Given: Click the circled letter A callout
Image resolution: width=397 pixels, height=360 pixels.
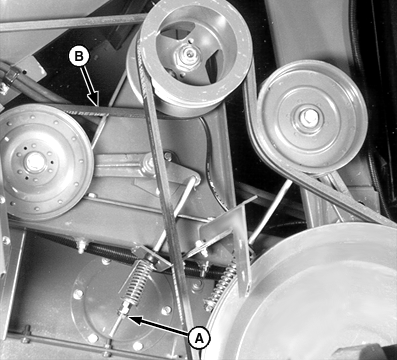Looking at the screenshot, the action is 199,338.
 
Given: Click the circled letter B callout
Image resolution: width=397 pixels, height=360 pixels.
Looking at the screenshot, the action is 79,56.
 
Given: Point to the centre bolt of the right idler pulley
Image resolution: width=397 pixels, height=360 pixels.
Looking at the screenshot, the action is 308,115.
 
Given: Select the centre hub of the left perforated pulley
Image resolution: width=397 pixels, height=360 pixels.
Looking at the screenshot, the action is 34,161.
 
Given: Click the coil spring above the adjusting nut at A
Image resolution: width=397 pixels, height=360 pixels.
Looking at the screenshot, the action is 137,280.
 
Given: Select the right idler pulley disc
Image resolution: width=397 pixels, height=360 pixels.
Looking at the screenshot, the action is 312,117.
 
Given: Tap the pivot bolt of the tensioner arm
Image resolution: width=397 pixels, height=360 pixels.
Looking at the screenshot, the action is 149,164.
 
